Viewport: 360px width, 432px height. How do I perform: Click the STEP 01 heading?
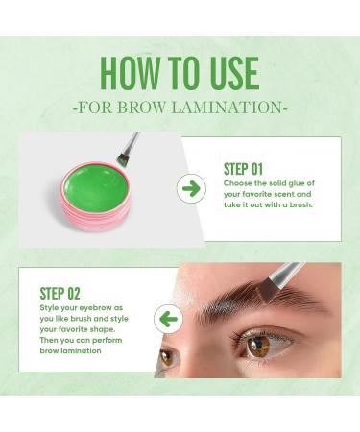point(243,169)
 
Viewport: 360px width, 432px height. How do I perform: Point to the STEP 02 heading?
point(60,293)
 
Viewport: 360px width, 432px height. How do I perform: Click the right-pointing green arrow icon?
point(191,188)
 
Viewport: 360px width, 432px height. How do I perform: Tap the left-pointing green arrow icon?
point(168,319)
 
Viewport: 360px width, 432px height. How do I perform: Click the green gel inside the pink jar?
point(95,187)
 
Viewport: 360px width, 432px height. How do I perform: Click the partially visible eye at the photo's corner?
point(166,357)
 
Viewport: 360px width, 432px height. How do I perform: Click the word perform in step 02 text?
point(107,341)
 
